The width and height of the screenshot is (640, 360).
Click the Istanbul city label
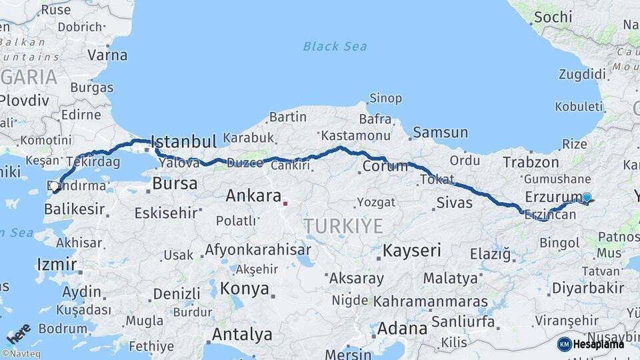[184, 141]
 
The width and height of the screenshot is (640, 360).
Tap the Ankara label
[253, 196]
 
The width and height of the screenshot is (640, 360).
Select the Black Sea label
[335, 46]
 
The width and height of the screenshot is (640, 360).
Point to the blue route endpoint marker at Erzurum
[587, 197]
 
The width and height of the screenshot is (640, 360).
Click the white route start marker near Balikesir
[55, 186]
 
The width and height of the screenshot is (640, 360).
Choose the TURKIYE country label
[344, 226]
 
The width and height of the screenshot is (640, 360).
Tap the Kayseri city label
[411, 251]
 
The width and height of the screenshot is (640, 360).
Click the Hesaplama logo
[591, 344]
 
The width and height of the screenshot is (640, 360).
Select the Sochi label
[553, 16]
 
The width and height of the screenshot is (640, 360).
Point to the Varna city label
[107, 55]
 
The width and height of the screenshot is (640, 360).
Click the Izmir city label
[57, 264]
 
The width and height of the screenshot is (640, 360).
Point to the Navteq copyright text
[20, 353]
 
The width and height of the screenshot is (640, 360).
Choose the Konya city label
[245, 289]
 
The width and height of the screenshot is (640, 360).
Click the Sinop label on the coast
[385, 99]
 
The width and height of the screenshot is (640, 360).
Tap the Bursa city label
[175, 183]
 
